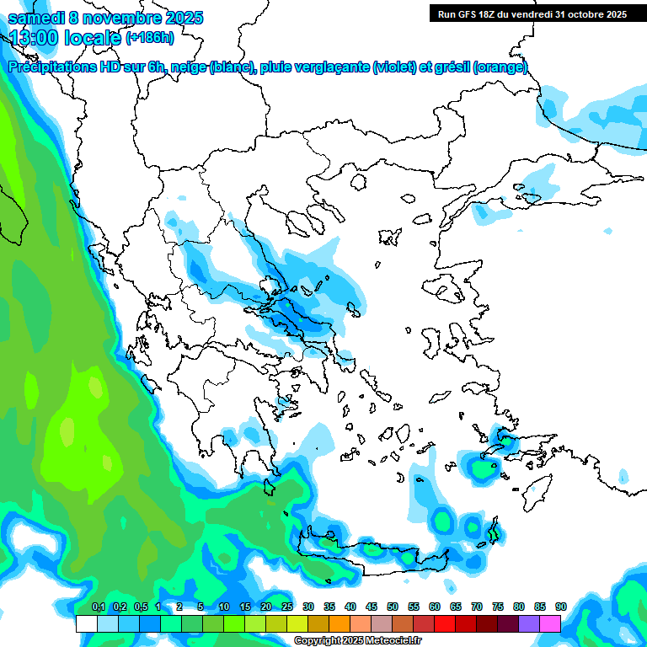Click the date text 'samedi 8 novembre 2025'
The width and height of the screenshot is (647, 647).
[105, 18]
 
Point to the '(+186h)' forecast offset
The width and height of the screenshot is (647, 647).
[149, 37]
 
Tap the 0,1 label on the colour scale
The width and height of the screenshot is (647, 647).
[98, 607]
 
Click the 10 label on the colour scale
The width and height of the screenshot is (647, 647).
[224, 607]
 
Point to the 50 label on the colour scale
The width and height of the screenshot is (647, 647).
[393, 607]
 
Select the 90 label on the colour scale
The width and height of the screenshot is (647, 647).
[561, 607]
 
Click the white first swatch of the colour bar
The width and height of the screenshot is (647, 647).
[86, 623]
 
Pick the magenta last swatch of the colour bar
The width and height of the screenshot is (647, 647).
[550, 623]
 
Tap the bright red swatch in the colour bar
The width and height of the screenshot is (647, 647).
[445, 623]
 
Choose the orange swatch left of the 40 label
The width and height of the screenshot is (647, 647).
[339, 623]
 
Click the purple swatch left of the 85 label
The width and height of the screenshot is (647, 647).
[529, 623]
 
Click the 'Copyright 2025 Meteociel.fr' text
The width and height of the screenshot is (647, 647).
[357, 641]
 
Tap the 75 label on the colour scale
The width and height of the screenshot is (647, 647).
[498, 607]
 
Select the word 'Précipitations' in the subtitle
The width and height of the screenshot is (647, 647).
[53, 67]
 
